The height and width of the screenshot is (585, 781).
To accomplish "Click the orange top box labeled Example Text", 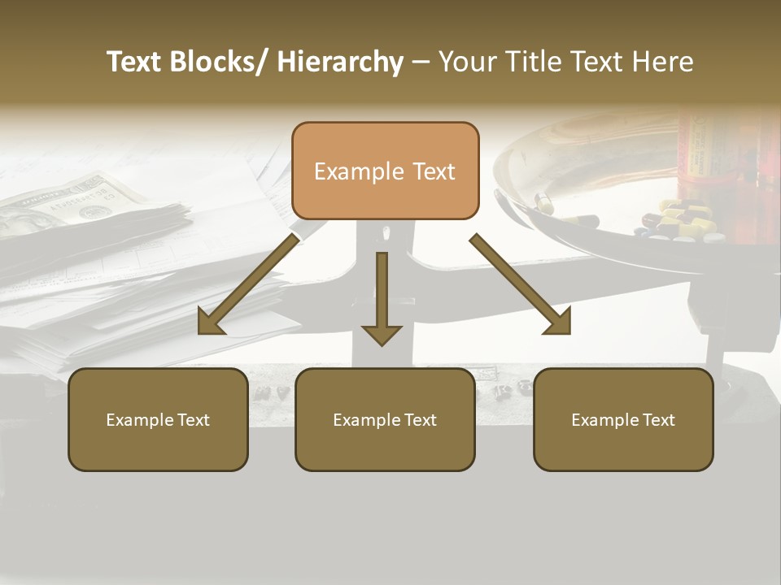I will [x=385, y=171].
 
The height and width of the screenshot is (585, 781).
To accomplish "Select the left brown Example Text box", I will [x=158, y=419].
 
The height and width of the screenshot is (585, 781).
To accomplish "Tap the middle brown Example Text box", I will [x=385, y=419].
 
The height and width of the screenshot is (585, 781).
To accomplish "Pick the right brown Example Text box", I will [x=623, y=419].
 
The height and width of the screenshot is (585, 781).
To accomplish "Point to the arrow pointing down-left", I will [x=247, y=285].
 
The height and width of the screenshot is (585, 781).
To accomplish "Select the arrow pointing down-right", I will [x=521, y=285].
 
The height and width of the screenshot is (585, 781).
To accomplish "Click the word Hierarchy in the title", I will [x=340, y=62].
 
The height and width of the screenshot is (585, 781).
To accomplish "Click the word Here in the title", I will [x=664, y=62].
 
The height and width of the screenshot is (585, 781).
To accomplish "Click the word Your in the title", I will [x=469, y=62].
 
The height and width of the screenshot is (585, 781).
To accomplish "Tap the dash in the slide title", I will [x=421, y=63].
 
